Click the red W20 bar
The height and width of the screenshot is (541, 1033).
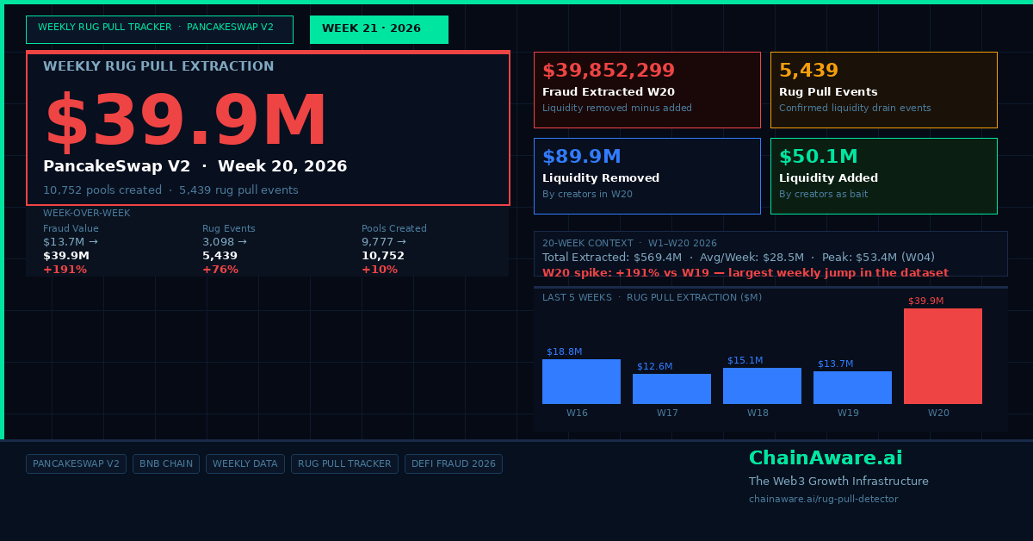coord(943,356)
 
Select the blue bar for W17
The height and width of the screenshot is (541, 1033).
coord(671,389)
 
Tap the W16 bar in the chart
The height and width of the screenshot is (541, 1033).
coord(581,382)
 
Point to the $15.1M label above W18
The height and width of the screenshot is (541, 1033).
coord(745,360)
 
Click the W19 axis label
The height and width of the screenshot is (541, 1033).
coord(848,413)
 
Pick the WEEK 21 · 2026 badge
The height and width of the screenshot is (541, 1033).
coord(379,29)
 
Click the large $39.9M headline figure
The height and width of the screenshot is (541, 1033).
coord(186,121)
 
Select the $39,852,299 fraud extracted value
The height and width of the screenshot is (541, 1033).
coord(609,70)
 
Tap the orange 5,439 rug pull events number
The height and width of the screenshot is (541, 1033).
coord(808,70)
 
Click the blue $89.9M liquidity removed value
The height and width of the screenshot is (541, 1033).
coord(582,157)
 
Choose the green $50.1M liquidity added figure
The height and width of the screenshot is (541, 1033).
coord(818,157)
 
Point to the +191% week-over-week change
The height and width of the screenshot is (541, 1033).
coord(65,270)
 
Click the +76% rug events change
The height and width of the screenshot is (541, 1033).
coord(220,270)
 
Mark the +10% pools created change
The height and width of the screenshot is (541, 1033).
coord(380,270)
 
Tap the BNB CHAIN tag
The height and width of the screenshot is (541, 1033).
coord(166,464)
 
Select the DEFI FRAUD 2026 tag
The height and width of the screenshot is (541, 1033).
coord(454,464)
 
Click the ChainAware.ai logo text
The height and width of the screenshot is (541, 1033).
coord(826,458)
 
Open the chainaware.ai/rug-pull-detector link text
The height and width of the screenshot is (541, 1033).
coord(824,499)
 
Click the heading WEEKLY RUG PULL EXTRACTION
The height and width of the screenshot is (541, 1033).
coord(158,66)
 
